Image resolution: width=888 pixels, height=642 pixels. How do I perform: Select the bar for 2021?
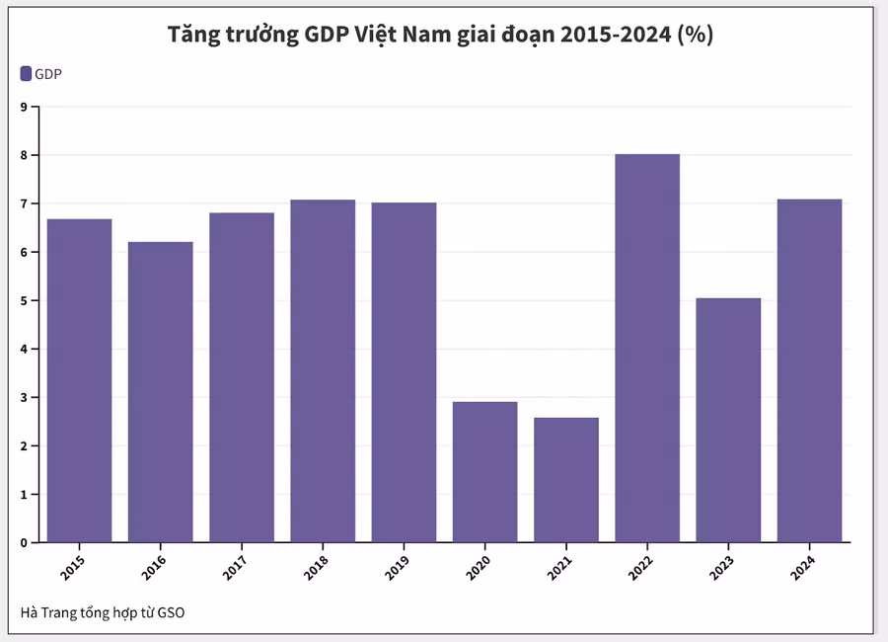point(566,480)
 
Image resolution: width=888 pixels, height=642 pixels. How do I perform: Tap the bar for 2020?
point(484,472)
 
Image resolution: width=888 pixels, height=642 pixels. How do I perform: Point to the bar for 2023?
point(728,420)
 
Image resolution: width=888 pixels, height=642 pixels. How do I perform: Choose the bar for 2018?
point(323,371)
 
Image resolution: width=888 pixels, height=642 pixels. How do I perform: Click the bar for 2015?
point(79,380)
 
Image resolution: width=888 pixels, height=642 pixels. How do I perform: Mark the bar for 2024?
point(809,371)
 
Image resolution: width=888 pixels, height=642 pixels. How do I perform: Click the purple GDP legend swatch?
point(26,73)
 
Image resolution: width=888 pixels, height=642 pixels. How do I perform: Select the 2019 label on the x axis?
point(397,566)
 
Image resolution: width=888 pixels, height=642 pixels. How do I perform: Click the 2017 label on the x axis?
point(235,566)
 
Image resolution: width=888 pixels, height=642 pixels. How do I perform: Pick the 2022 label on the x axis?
point(640,566)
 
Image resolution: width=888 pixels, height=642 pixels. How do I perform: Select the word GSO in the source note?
point(170,612)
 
